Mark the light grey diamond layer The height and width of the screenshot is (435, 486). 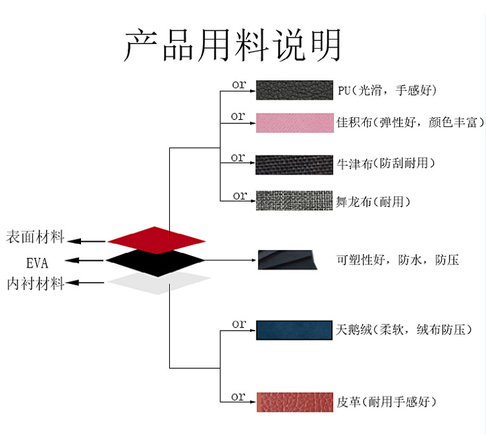[x=159, y=282]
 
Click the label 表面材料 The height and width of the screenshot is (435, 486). [x=35, y=237]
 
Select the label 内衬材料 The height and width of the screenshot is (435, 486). [x=35, y=284]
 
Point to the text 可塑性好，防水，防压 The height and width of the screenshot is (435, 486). [x=398, y=261]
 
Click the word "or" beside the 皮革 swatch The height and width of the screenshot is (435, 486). [x=238, y=396]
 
